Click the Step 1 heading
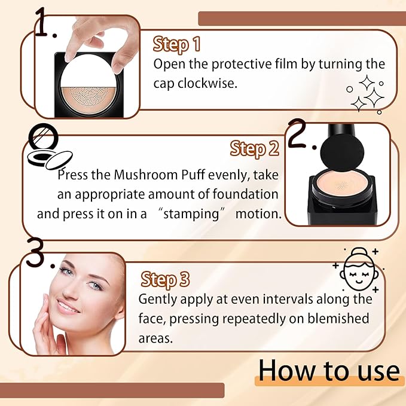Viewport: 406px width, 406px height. click(x=176, y=44)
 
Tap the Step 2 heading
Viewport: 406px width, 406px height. click(x=255, y=148)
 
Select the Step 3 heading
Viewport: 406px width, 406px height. click(x=166, y=279)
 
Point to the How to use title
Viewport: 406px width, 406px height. click(x=328, y=370)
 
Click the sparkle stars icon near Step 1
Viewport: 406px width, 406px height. click(x=364, y=93)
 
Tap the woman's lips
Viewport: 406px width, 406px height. click(x=67, y=307)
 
